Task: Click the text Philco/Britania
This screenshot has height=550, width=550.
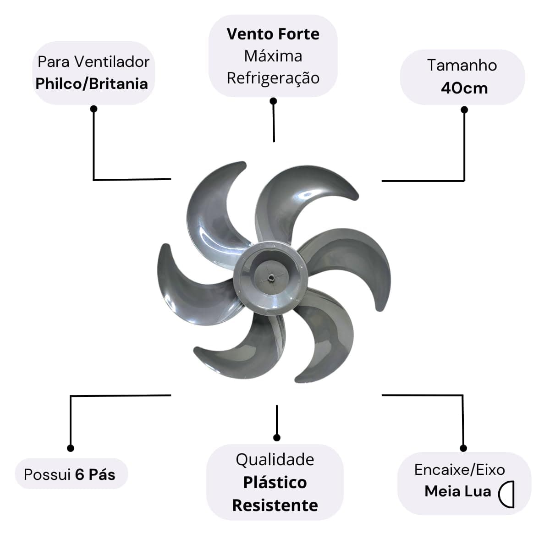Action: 92,84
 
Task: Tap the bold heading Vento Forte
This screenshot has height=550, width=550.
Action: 273,34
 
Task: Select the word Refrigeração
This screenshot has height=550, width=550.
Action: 273,78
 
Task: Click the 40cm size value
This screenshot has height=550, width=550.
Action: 464,88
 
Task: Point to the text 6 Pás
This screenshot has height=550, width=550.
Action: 95,475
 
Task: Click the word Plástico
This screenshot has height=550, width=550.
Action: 275,483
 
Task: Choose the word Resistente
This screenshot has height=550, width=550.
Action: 275,506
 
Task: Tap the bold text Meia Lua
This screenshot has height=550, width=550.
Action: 458,491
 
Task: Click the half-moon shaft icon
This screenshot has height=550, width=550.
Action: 506,495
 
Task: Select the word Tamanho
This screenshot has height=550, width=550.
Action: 462,65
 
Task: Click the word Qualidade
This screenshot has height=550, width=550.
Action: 275,460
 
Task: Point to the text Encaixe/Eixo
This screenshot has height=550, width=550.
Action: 460,470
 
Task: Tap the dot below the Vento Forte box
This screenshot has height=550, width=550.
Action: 274,101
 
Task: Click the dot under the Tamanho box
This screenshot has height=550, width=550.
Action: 464,110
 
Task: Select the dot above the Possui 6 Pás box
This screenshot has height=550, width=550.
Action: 71,448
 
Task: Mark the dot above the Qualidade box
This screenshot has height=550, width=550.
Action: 276,438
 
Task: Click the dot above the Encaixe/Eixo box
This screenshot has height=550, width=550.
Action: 463,448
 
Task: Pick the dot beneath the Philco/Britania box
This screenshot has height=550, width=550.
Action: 93,109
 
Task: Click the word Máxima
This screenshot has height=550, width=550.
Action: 273,56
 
